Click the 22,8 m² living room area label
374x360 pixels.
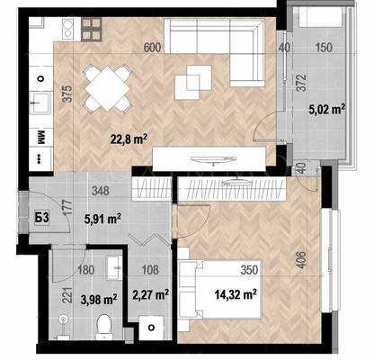[x=129, y=139]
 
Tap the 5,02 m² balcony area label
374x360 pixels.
[x=326, y=109]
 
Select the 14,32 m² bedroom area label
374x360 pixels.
[x=236, y=294]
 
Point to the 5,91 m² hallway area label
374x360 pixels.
[x=102, y=219]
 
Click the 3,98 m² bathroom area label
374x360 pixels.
[x=99, y=299]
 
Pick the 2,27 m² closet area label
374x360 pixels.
[x=150, y=294]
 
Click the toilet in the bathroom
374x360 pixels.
[x=103, y=327]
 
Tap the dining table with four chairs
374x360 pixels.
[x=108, y=88]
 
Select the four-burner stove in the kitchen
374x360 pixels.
[x=91, y=29]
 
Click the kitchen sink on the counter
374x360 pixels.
[x=41, y=103]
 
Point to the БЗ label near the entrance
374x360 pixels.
[x=41, y=218]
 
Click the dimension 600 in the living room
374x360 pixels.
[x=152, y=48]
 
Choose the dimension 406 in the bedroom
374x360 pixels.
[x=302, y=260]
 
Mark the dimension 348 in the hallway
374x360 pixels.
[x=101, y=191]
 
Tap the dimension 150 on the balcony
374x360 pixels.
[x=324, y=48]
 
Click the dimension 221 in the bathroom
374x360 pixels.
[x=68, y=295]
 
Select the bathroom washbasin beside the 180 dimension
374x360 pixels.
[x=114, y=267]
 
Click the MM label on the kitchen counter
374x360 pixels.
[x=40, y=138]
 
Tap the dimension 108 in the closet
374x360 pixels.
[x=150, y=270]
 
